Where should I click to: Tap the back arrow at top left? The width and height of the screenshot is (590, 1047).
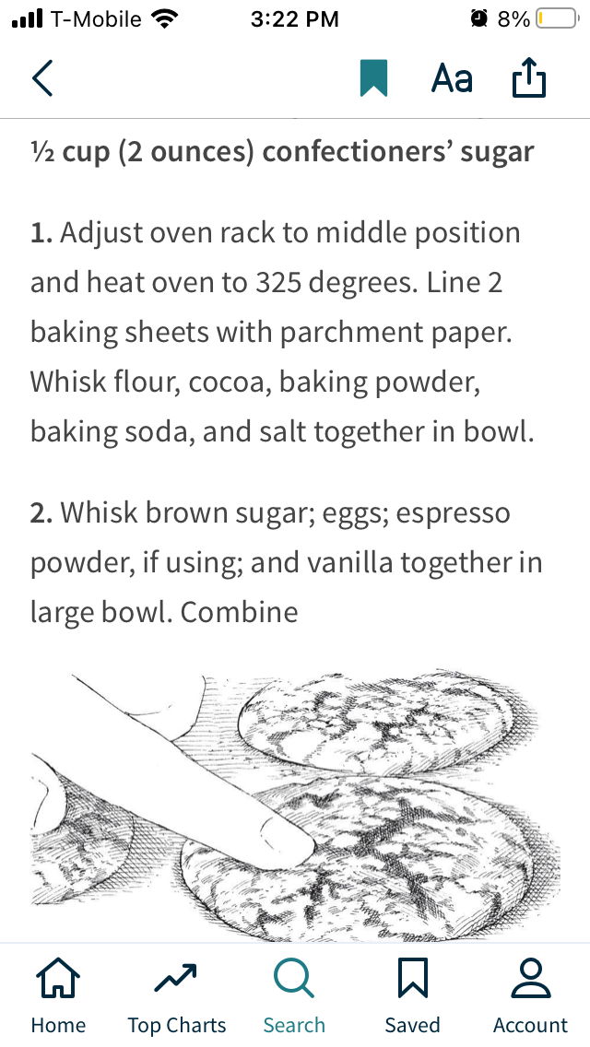[42, 79]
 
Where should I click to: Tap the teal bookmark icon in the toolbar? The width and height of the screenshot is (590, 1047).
[373, 79]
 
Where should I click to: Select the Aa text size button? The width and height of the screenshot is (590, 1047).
[452, 79]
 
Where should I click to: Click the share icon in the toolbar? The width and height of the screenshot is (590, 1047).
[529, 79]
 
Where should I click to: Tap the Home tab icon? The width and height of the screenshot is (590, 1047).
[58, 979]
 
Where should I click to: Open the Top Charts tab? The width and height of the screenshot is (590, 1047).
[176, 979]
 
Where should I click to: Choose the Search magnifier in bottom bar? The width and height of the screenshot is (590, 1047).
[294, 979]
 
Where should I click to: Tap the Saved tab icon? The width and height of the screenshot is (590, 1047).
[412, 979]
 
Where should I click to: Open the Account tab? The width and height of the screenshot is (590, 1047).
[530, 979]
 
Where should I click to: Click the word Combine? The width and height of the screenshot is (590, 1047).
[239, 612]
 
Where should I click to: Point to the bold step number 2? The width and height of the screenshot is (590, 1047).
[41, 513]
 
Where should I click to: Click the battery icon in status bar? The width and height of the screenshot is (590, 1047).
[556, 18]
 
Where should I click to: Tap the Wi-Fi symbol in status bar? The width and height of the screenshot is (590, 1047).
[166, 18]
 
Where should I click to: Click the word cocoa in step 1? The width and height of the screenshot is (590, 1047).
[225, 382]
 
